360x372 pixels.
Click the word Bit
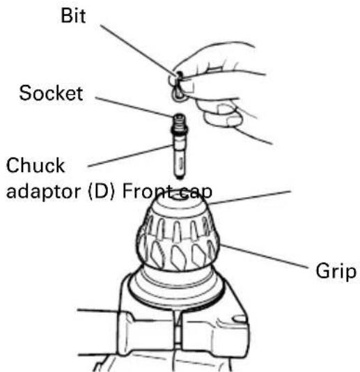tap(73, 15)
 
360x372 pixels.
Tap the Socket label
tap(51, 93)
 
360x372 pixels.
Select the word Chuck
tap(36, 165)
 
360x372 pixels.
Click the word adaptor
tap(43, 192)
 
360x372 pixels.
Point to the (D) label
tap(102, 191)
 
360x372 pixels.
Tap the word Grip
tap(336, 271)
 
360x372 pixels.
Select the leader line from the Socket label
tap(134, 107)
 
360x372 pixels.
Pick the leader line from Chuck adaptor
tap(131, 155)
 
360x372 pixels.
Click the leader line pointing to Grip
tap(264, 256)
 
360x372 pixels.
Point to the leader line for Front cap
tap(250, 197)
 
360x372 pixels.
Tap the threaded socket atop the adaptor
tap(179, 122)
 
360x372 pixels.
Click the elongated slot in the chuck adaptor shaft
tap(181, 163)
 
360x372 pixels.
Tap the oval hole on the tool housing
tap(240, 319)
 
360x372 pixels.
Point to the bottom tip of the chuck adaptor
tap(180, 178)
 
